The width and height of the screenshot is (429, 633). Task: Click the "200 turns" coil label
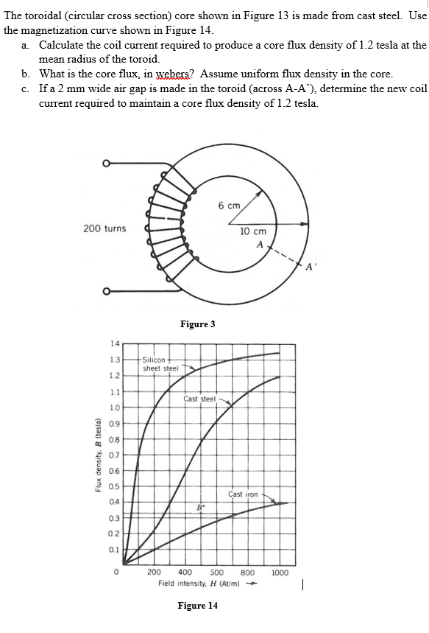coord(104,228)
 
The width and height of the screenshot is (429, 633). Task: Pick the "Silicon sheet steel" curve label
coord(160,363)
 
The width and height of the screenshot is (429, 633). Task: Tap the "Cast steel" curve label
coord(199,399)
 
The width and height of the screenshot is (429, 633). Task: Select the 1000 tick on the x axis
coord(280,572)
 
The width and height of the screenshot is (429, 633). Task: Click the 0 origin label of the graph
coord(116,572)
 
